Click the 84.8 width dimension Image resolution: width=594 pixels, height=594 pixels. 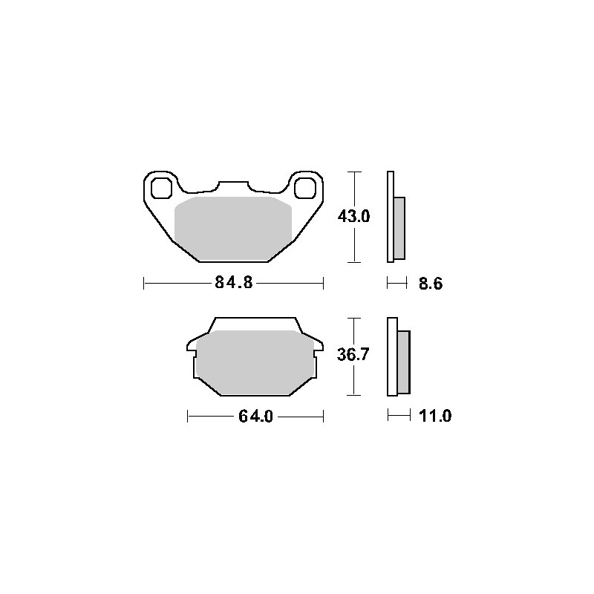233,282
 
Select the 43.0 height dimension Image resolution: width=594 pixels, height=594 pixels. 353,216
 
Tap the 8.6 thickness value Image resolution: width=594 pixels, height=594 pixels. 431,284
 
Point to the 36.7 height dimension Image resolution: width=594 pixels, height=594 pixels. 353,355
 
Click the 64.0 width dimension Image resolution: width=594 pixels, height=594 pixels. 255,417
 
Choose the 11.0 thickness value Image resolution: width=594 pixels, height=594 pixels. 435,416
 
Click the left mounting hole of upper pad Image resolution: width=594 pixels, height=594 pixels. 161,188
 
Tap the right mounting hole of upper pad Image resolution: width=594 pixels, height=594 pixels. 305,188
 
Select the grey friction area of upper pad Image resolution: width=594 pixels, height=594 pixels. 233,229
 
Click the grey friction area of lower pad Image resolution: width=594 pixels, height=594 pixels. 255,362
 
